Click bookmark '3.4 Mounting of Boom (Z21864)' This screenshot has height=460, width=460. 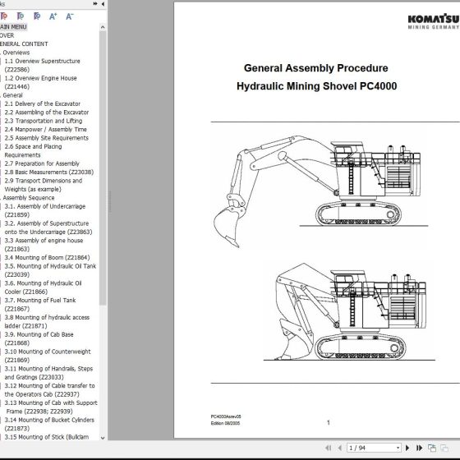coord(50,257)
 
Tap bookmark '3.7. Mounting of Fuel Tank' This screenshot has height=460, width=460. coord(43,300)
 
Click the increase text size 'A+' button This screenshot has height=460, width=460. coord(53,16)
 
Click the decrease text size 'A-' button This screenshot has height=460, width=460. coord(70,16)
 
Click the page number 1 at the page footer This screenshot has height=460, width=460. coord(328,422)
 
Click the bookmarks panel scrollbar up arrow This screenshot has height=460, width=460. coord(102,26)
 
